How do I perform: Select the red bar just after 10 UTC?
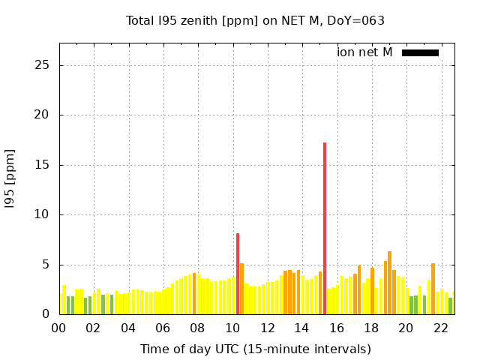pos(238,274)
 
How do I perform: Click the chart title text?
pos(255,20)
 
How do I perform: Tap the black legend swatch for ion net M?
pos(420,52)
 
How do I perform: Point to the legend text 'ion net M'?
pos(364,52)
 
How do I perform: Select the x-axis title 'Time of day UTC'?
pos(255,349)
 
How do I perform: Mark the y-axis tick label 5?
pos(46,265)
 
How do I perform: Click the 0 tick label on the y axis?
pos(46,314)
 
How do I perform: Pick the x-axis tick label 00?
pos(59,328)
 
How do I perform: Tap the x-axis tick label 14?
pos(301,328)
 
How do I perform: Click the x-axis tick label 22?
pos(440,328)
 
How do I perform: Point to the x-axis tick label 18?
pos(371,328)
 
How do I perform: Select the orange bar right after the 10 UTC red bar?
pos(241,289)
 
